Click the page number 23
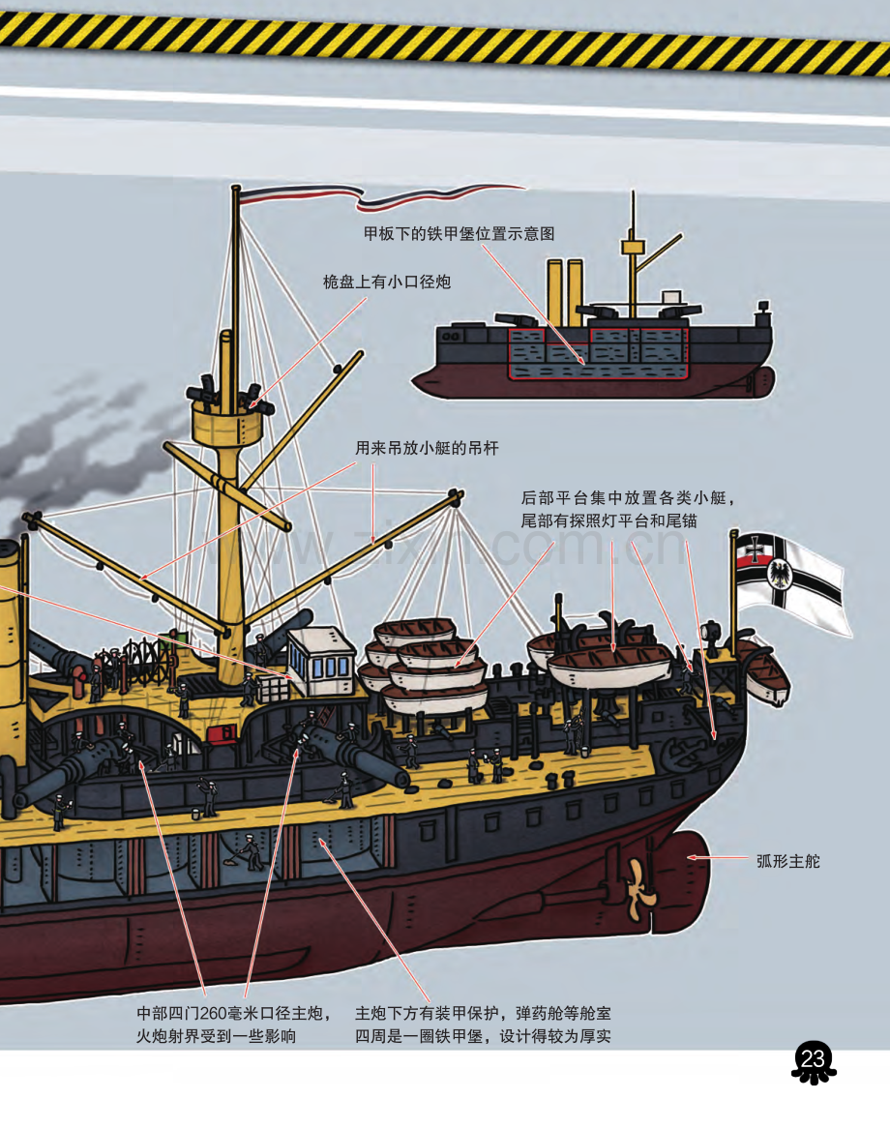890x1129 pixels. [x=813, y=1059]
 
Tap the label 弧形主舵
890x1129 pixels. [x=788, y=861]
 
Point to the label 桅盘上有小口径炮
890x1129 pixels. [x=387, y=282]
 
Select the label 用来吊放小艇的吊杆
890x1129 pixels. [x=427, y=448]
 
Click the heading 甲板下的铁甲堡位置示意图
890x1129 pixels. [x=459, y=233]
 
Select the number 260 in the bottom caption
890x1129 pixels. [x=213, y=1013]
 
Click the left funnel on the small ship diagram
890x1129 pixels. [x=554, y=292]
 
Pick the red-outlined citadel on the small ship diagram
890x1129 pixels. [x=598, y=352]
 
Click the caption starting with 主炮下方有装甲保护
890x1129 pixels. [x=483, y=1025]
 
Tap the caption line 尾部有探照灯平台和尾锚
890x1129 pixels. [x=609, y=520]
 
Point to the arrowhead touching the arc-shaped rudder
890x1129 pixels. [x=692, y=857]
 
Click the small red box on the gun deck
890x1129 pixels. [x=222, y=733]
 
